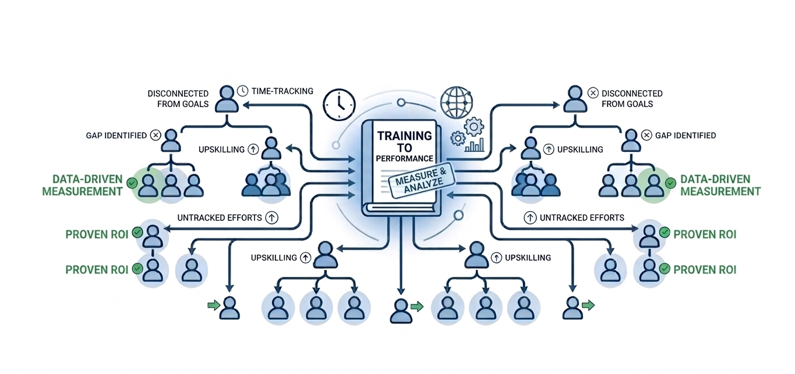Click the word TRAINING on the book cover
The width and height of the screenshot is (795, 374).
tap(405, 136)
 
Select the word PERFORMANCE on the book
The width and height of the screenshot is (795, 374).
tap(405, 158)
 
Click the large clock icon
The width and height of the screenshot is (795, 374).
tap(338, 105)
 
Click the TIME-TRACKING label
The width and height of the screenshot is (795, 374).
tap(282, 91)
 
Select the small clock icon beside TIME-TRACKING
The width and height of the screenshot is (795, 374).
tap(242, 91)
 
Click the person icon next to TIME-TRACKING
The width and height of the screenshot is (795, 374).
tap(227, 99)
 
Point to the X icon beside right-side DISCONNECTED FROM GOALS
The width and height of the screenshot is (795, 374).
tap(593, 93)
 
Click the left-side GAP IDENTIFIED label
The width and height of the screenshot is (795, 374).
tap(116, 136)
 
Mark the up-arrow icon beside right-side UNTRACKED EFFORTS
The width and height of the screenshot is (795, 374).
tap(530, 218)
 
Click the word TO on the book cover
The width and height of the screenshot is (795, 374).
tap(405, 147)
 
